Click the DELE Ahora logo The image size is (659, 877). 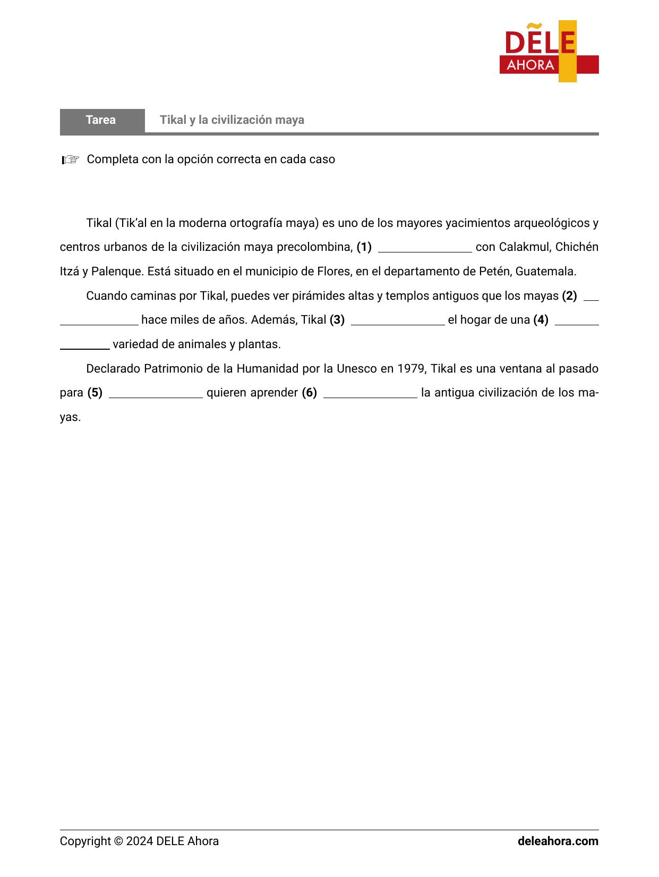coord(549,52)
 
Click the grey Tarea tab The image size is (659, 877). coord(101,120)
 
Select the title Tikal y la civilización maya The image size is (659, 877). coord(232,120)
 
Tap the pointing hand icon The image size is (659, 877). coord(70,159)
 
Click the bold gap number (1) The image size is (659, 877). coord(364,247)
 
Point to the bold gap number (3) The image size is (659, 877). coord(337,320)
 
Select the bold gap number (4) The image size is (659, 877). coord(541,320)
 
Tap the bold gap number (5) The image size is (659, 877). coord(95,393)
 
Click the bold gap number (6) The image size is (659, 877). coord(310,393)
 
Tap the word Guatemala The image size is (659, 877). coord(545,272)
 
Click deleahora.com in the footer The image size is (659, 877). coord(558,841)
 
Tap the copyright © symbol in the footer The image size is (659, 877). coord(118,841)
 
